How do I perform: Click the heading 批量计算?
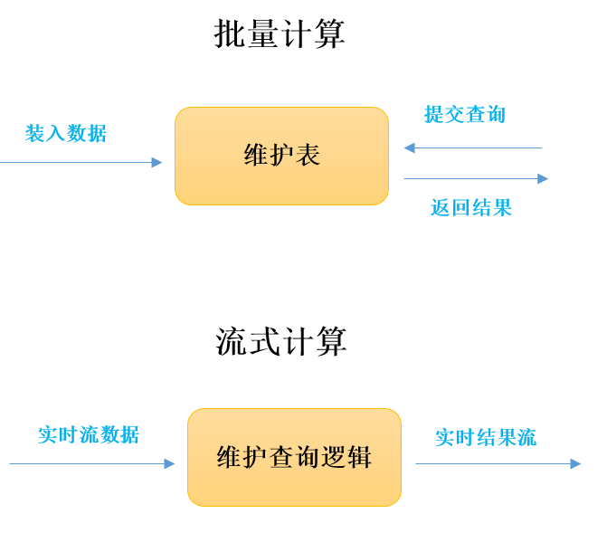click(x=280, y=34)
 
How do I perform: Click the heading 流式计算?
click(x=280, y=342)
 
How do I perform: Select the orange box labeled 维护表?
click(x=281, y=156)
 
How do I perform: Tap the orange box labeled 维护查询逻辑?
click(x=294, y=457)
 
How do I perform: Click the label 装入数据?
click(x=66, y=134)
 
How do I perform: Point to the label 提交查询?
click(x=465, y=115)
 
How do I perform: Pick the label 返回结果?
click(x=471, y=208)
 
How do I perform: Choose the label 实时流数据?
click(x=89, y=435)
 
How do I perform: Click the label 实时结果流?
click(x=486, y=438)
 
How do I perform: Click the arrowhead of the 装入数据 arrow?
click(x=156, y=163)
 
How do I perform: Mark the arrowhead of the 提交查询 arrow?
click(x=409, y=148)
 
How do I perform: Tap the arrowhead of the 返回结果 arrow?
click(x=543, y=179)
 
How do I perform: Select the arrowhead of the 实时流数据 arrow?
click(x=169, y=464)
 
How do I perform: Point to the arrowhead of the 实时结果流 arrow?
click(x=575, y=464)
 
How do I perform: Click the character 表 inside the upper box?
click(x=308, y=156)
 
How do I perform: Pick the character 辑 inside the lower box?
click(x=359, y=457)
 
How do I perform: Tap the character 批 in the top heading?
click(x=230, y=34)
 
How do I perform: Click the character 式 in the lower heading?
click(x=264, y=342)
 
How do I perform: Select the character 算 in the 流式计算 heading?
click(x=330, y=342)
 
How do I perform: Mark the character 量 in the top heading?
click(x=263, y=34)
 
